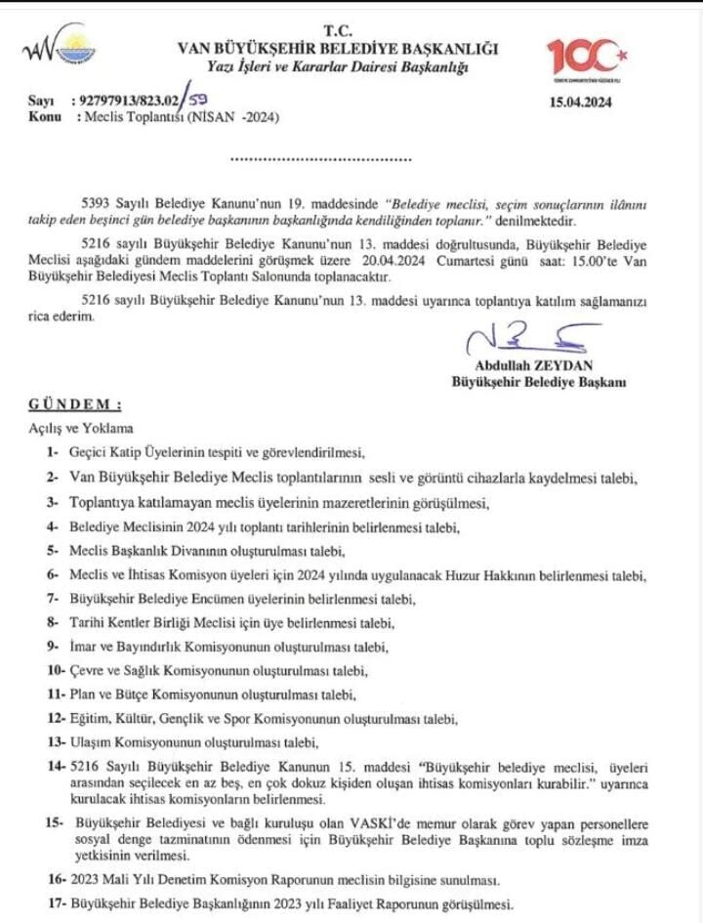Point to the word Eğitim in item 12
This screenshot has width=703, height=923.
point(91,718)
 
